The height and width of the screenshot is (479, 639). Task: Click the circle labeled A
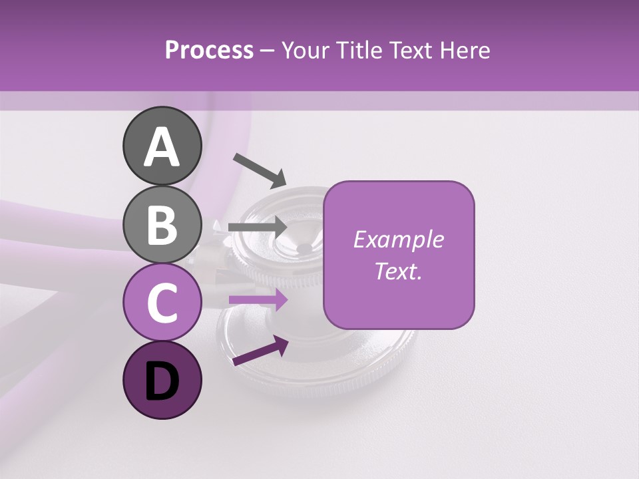coord(162,146)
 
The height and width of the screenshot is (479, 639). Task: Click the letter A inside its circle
coord(162,146)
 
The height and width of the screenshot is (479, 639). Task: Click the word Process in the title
coord(209,50)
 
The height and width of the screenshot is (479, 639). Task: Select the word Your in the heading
coord(306,50)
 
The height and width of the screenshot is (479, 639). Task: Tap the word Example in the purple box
coord(398,239)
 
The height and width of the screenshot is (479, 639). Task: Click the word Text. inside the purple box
coord(398,271)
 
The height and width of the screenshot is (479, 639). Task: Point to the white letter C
coord(162,302)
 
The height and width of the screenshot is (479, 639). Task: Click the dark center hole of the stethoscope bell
coord(304,249)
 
